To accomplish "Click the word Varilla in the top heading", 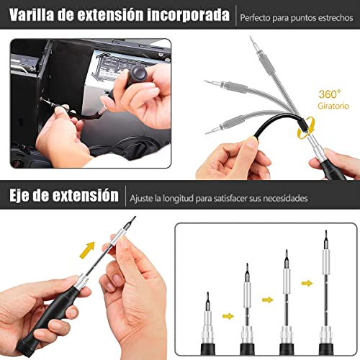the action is tap(32, 14).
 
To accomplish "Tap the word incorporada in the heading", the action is tap(188, 15).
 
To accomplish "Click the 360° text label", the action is tap(330, 94).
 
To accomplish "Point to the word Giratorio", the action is tap(333, 106).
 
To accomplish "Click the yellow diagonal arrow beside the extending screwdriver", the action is tap(87, 250).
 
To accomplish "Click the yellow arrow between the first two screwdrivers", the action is tap(228, 316).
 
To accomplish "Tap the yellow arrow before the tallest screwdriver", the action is tap(307, 284).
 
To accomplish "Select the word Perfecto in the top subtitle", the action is tap(255, 18).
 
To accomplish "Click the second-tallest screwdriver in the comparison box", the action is tap(287, 302).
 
